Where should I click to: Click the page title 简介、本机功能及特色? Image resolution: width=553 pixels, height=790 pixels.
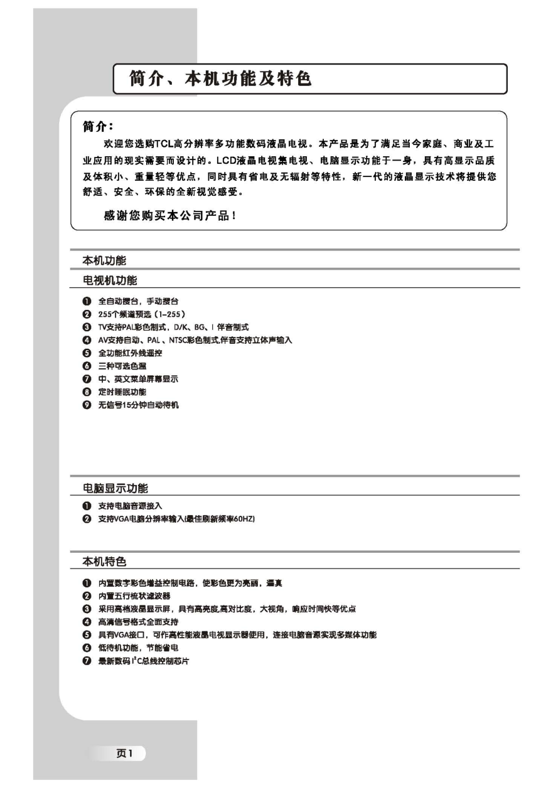(x=220, y=79)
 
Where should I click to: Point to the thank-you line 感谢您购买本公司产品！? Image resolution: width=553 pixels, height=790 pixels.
(x=170, y=216)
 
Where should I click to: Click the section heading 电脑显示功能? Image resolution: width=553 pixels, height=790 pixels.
(x=115, y=488)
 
